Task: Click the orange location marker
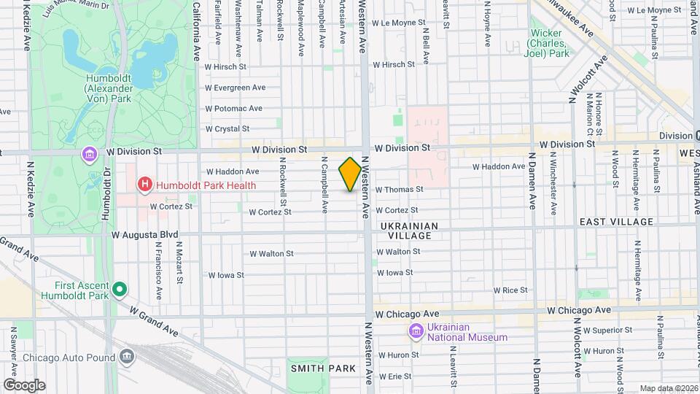click(x=350, y=174)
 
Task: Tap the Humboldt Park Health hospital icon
click(x=145, y=185)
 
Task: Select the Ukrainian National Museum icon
click(x=416, y=332)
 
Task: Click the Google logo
click(x=24, y=385)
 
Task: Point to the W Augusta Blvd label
click(x=144, y=235)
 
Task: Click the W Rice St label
click(x=510, y=290)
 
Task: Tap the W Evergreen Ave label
click(x=235, y=88)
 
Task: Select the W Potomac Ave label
click(x=233, y=109)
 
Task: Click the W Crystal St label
click(x=227, y=129)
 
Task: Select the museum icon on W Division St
click(x=89, y=155)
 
